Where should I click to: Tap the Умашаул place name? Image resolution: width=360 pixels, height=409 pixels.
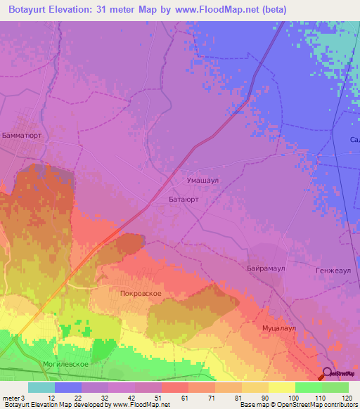pos(203,180)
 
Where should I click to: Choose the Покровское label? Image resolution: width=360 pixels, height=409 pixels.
pos(141,293)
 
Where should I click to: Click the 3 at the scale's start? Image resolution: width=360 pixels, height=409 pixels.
pos(22,398)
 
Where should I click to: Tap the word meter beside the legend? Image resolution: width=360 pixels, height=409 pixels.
pos(11,398)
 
